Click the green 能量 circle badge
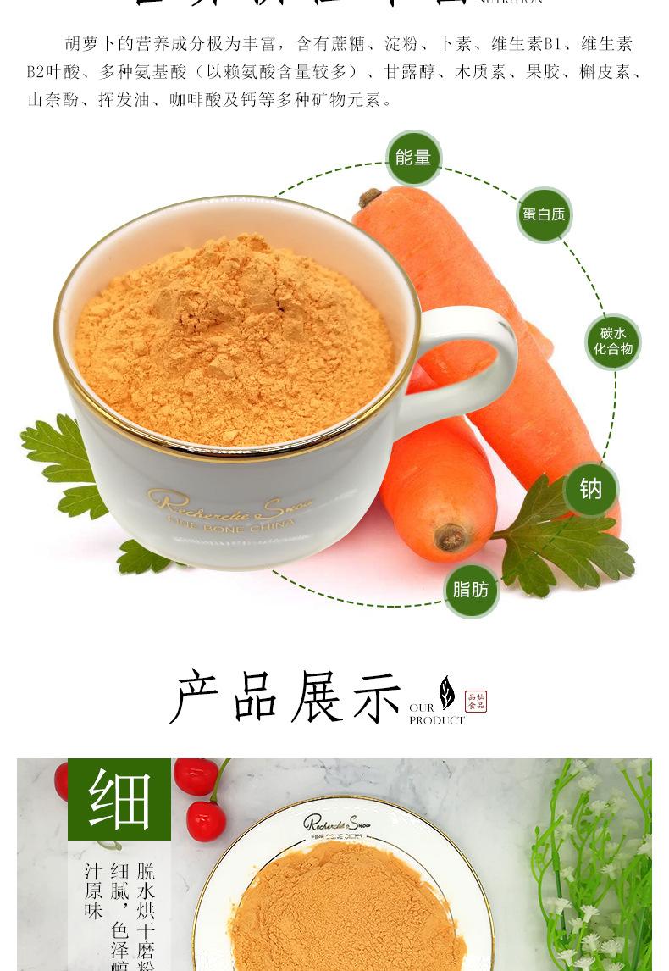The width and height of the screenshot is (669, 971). (x=413, y=158)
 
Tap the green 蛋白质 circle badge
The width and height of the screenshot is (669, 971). (x=544, y=214)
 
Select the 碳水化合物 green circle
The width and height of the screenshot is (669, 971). (x=612, y=341)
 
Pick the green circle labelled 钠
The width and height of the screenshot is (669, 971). (x=590, y=489)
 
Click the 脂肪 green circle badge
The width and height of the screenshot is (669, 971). (x=471, y=590)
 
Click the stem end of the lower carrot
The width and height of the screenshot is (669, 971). (x=449, y=536)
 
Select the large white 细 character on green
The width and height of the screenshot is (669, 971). (x=119, y=799)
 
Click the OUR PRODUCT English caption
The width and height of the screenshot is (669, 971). (x=435, y=714)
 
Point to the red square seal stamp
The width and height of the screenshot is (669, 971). (x=476, y=702)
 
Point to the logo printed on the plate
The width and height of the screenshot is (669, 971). (x=334, y=824)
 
